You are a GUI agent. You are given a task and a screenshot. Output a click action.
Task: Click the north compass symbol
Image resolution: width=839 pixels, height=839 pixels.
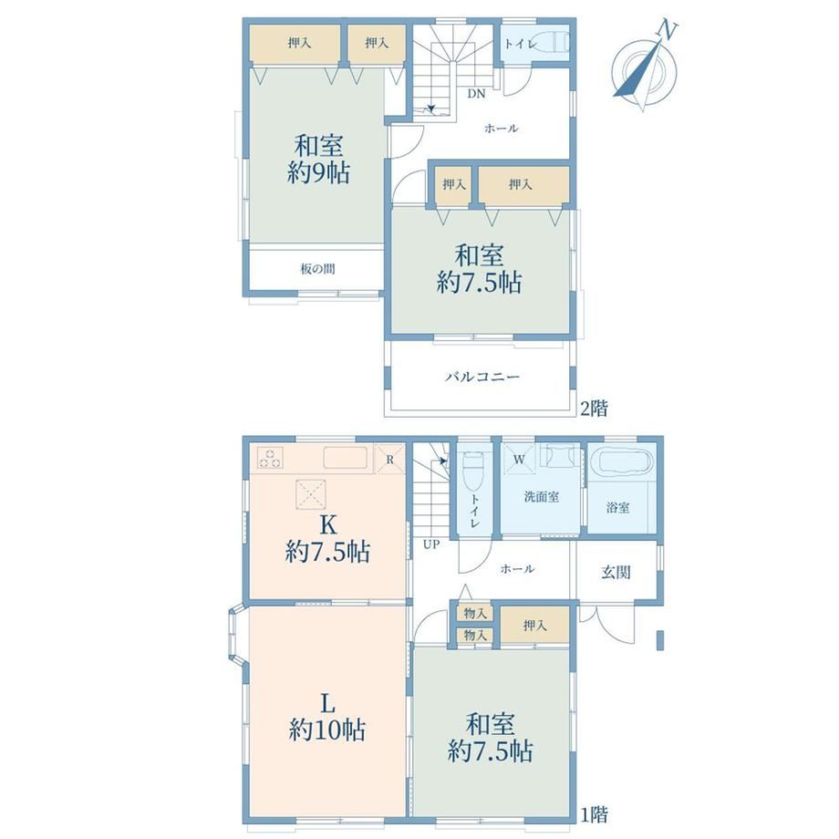tap(645, 67)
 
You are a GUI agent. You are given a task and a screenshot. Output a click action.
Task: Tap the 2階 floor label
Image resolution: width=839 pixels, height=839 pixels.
tap(595, 409)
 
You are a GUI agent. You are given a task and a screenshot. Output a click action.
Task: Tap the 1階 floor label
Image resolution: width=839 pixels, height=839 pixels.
tap(595, 815)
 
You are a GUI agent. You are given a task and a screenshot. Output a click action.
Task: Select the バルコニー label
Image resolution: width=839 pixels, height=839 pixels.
tap(482, 377)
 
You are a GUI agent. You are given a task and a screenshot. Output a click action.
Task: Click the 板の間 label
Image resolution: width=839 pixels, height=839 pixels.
tap(318, 269)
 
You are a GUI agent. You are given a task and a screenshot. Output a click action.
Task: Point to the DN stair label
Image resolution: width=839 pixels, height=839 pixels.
tap(476, 94)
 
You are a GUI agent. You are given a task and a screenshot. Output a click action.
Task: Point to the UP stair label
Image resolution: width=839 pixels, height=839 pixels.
tap(431, 544)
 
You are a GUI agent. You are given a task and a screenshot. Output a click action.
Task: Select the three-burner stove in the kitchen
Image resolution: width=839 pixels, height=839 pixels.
tap(270, 458)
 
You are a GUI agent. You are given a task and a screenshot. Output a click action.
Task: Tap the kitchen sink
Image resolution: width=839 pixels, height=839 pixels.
tap(345, 458)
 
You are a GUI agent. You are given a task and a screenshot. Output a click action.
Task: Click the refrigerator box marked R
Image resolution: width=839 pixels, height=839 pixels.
tap(389, 459)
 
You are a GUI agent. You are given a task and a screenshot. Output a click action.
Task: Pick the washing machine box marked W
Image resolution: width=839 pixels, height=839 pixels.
tap(519, 459)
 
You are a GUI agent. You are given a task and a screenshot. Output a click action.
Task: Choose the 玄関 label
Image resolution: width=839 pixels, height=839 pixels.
tap(616, 572)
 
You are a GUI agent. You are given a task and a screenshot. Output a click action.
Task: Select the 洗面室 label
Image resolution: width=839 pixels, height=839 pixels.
tap(542, 496)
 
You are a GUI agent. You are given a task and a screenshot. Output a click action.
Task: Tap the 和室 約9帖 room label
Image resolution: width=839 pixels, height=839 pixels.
tap(319, 159)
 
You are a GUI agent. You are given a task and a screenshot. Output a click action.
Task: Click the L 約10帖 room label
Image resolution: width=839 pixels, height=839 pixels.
tap(326, 717)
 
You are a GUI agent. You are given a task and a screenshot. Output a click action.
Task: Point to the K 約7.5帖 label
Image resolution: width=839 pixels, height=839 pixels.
tap(327, 539)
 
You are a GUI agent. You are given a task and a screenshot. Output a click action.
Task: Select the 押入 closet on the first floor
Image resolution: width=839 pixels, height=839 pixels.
tap(534, 625)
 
